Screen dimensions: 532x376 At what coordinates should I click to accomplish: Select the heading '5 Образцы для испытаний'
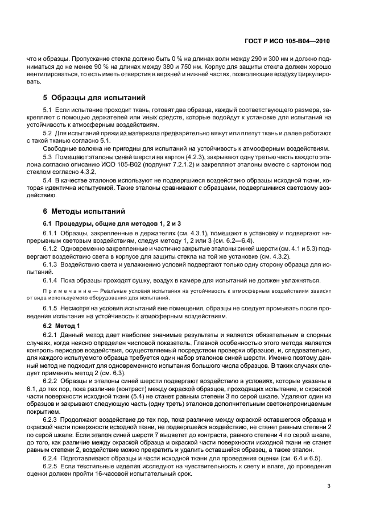click(94, 97)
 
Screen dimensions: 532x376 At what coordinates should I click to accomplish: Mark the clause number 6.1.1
click(52, 233)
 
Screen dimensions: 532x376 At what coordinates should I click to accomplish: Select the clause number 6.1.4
click(52, 280)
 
